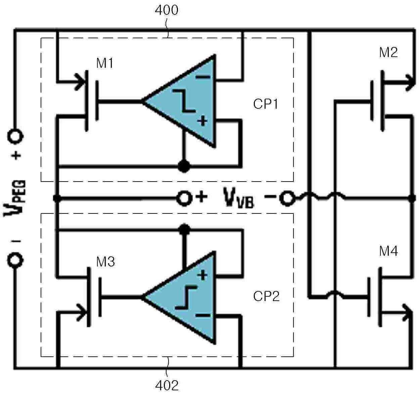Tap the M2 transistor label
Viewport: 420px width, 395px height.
point(388,52)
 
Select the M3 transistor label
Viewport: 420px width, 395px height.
point(105,261)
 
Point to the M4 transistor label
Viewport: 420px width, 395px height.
point(388,251)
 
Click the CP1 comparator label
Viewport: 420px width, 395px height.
point(266,104)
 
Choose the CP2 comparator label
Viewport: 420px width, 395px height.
point(266,296)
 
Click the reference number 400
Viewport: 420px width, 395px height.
point(167,10)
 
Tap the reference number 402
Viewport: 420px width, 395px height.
point(167,386)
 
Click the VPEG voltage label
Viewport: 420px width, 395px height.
point(14,198)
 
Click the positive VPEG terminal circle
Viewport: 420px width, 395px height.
point(15,136)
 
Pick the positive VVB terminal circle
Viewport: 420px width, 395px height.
point(184,198)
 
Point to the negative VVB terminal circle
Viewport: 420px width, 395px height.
point(287,198)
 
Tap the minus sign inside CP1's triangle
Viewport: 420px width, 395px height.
point(203,77)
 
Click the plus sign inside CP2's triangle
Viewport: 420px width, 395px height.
point(202,275)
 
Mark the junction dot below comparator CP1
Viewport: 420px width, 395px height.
point(184,166)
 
